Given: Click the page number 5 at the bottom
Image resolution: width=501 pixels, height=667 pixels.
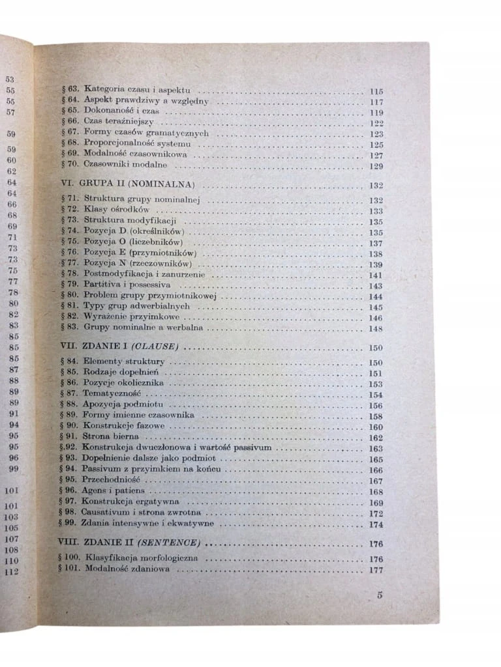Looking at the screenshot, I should point(380,594).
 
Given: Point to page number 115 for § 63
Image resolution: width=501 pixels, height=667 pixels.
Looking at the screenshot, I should point(376,91).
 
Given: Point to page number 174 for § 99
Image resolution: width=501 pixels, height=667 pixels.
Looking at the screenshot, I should point(376,524).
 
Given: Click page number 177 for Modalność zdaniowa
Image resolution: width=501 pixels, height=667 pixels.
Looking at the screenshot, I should point(376,571).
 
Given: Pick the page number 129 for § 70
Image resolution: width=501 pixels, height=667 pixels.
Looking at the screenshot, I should point(376,167).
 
